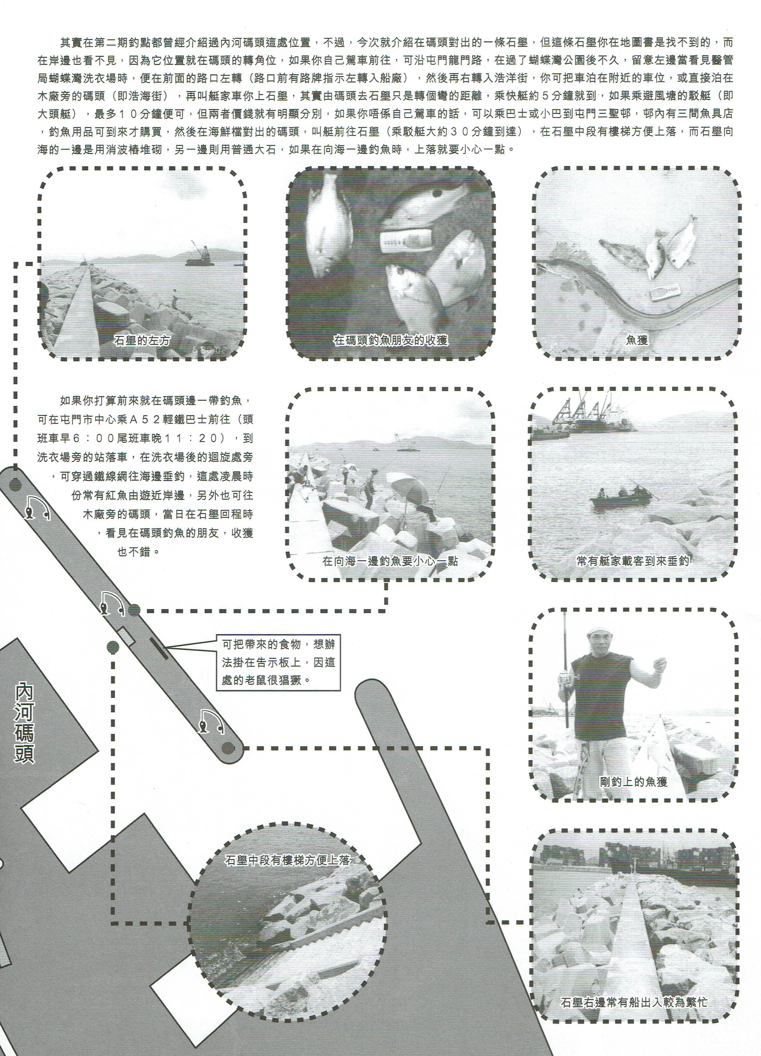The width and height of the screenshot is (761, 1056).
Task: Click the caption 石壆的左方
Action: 142,340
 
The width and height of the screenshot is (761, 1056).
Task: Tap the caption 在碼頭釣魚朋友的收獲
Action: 390,340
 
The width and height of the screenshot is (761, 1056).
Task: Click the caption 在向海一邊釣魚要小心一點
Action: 390,561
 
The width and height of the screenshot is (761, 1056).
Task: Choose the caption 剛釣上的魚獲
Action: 633,781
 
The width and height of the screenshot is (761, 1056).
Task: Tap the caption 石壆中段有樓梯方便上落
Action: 287,860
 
